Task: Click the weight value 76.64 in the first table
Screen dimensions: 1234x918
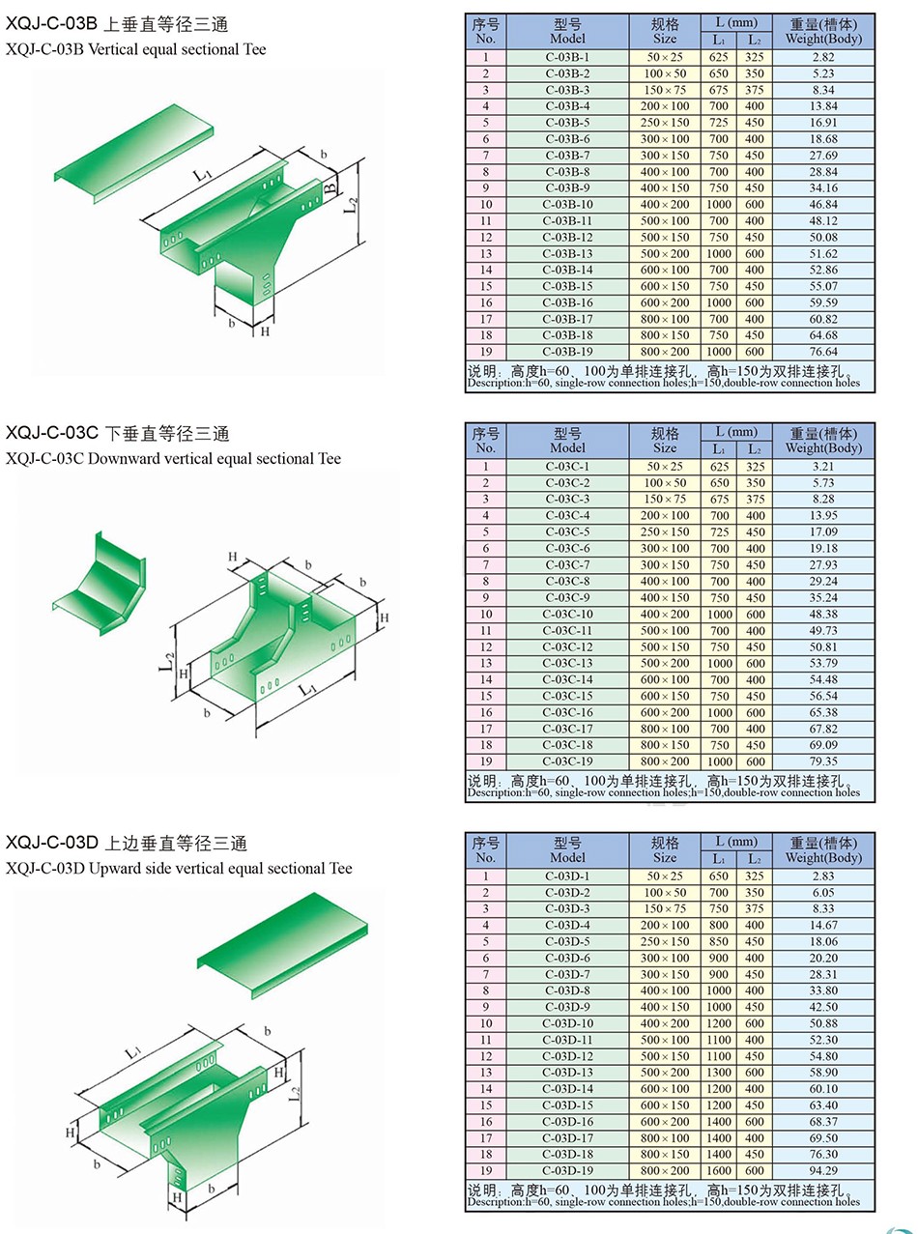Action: point(824,352)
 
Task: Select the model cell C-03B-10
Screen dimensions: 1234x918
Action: point(568,204)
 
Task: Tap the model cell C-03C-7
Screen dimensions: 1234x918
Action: point(568,564)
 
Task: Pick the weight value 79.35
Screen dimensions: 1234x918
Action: point(824,761)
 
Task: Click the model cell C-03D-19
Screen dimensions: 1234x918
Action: point(568,1170)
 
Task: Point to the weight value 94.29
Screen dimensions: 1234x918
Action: point(824,1170)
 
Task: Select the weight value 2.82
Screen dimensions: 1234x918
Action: point(824,57)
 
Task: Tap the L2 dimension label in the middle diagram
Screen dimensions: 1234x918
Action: point(166,661)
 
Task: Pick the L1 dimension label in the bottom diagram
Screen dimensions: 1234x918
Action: point(133,1050)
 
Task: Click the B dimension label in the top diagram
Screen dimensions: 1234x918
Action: point(329,187)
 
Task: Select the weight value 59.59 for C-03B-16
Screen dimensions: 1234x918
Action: point(824,302)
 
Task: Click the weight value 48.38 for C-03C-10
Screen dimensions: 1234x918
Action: point(824,614)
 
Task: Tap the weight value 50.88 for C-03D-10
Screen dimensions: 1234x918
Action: point(824,1023)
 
